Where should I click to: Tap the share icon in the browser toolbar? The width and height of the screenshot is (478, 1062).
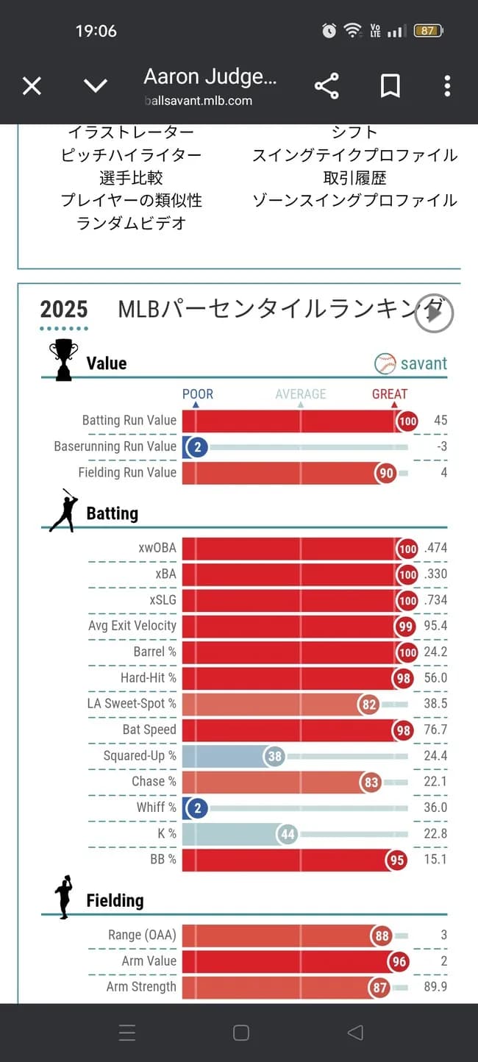click(327, 87)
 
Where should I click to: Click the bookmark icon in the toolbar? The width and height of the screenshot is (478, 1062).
click(390, 87)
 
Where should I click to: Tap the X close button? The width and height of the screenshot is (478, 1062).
click(32, 87)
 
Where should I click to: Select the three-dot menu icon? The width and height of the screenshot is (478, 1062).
click(447, 87)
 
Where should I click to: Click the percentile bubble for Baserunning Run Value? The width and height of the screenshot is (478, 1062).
click(197, 447)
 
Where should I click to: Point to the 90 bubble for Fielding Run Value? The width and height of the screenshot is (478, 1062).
click(386, 474)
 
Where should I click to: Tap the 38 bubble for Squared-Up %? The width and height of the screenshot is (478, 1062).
click(274, 756)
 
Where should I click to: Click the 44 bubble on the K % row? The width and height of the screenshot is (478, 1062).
click(288, 834)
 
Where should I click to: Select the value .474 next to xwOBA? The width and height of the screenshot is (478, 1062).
click(434, 548)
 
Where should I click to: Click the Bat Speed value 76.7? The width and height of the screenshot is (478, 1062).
click(435, 730)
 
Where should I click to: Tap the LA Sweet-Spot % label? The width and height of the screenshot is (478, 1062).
click(132, 704)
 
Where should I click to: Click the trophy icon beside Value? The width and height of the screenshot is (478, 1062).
click(63, 360)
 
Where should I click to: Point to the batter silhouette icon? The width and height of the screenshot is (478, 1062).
click(64, 510)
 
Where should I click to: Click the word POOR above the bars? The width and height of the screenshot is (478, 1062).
click(197, 394)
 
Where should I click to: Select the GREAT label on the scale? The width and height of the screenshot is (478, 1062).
click(389, 394)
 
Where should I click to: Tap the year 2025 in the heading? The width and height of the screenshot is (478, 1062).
click(64, 310)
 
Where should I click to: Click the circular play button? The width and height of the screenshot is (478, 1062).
click(434, 314)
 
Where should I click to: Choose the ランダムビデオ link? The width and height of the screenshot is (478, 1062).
click(131, 224)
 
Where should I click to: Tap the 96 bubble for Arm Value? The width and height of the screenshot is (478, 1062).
click(397, 961)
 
